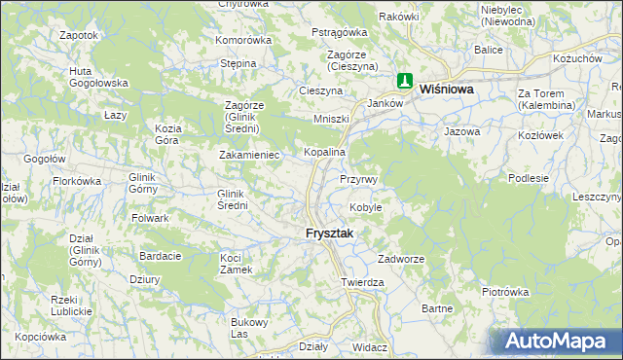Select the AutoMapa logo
(x=555, y=342)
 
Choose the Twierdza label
(x=362, y=282)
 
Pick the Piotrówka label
(x=504, y=291)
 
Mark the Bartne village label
(x=438, y=308)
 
